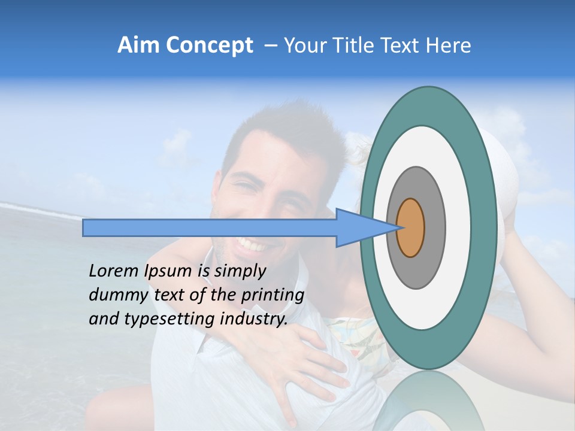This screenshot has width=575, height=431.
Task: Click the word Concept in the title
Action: (209, 45)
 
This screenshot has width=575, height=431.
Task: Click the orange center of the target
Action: (410, 228)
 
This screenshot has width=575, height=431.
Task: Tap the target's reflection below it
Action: (428, 401)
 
